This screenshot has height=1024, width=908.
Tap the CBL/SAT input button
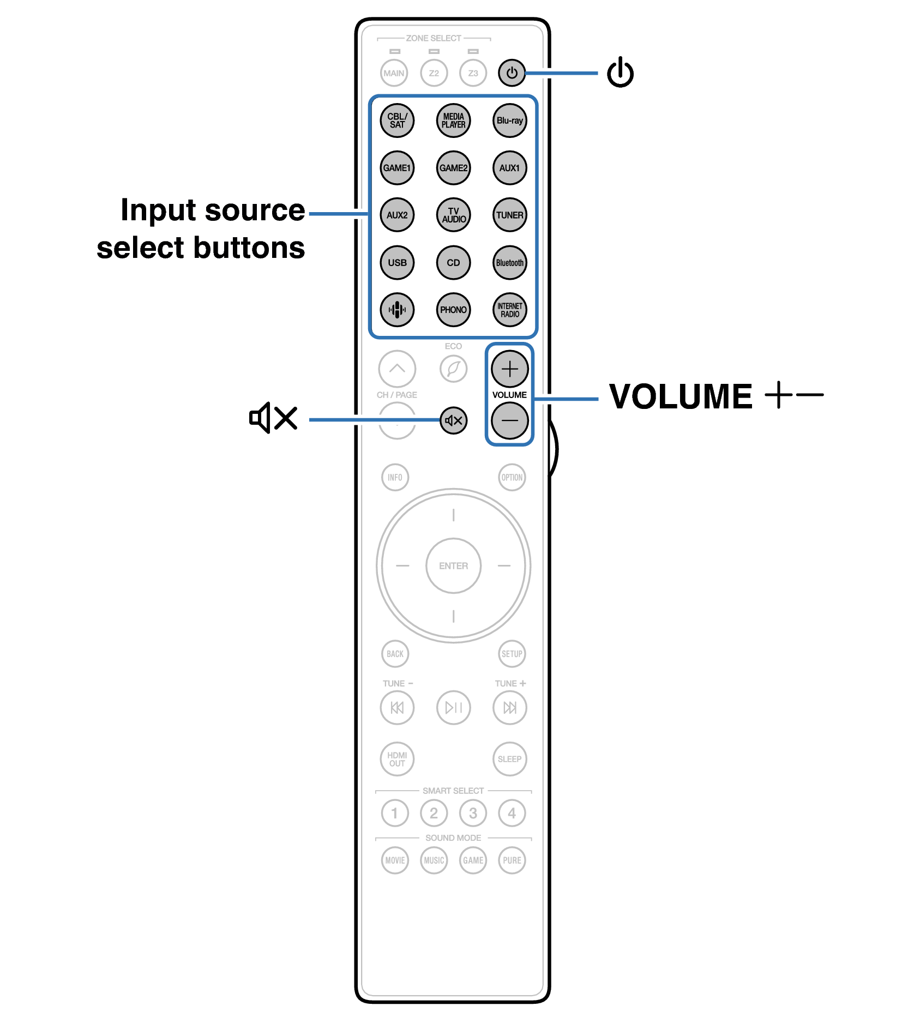coord(397,121)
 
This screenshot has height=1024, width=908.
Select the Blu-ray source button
coord(509,121)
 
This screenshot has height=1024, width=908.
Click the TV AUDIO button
coord(453,215)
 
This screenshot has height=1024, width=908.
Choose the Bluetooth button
coord(509,262)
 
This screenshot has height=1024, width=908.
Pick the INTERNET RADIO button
coord(509,310)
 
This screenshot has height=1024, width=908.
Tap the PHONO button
coord(453,310)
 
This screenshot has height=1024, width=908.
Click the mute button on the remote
coord(454,420)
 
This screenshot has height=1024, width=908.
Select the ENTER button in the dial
coord(453,566)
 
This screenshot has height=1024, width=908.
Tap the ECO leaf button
coord(453,369)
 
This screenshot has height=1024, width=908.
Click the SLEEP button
coord(509,758)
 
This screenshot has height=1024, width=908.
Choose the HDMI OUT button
coord(397,758)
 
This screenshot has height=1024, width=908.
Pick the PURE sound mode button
coord(512,860)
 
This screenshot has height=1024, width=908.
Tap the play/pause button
coord(453,708)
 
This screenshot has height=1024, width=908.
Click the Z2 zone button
coord(434,73)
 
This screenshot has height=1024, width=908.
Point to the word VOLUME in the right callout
coord(681,396)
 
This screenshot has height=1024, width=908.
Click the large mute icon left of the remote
coord(273,418)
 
